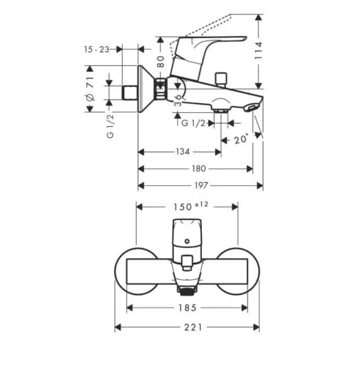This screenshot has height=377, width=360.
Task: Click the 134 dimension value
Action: [x=183, y=152]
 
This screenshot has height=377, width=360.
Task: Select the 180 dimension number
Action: [x=199, y=168]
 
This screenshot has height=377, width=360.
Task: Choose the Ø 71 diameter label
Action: [x=90, y=88]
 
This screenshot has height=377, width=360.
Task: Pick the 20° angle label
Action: [x=242, y=139]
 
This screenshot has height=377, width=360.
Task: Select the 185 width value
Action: [x=187, y=307]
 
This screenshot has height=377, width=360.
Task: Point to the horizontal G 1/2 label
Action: [x=194, y=123]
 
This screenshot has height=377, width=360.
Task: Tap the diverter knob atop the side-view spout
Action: [x=220, y=79]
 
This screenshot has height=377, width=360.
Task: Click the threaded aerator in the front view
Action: [x=186, y=290]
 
